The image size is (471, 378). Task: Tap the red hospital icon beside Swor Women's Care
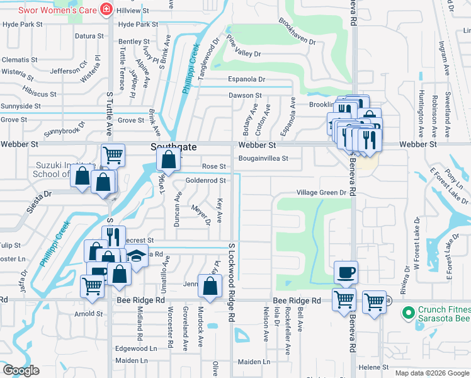[107, 9]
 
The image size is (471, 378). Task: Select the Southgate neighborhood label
[174, 146]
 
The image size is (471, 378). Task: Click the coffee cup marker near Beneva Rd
[346, 272]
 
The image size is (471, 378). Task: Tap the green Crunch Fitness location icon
[408, 311]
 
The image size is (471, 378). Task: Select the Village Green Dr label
[322, 193]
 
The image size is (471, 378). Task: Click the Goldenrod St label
[205, 180]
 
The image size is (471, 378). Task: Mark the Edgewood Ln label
[135, 348]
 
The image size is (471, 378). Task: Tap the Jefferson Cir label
[69, 71]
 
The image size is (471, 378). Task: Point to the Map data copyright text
[431, 373]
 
